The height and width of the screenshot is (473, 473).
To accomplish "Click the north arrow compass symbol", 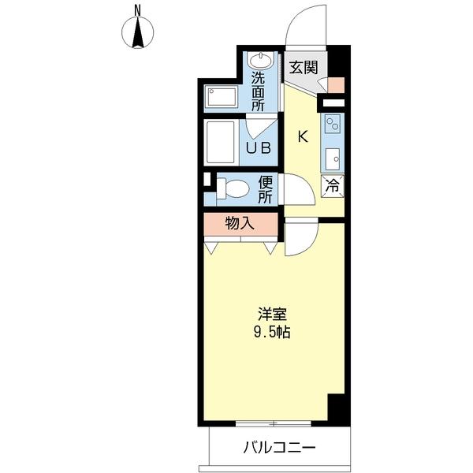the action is click(137, 32).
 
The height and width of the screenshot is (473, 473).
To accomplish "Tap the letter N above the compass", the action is click(137, 11).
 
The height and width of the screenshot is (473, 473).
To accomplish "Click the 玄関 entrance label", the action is click(304, 67).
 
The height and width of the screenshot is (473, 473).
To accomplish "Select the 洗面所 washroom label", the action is click(259, 91).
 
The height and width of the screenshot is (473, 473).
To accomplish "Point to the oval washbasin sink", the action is click(261, 61).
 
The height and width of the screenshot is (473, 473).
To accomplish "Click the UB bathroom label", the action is click(259, 148).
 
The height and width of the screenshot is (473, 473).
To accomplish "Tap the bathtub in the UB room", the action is click(221, 143).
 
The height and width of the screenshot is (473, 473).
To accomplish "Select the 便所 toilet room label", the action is click(266, 189).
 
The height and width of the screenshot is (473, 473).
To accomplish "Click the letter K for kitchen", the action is click(303, 137).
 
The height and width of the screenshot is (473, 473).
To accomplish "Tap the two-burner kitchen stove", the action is click(333, 124).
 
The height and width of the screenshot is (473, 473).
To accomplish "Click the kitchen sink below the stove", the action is click(333, 159).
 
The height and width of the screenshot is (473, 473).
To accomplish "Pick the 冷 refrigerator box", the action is click(333, 186).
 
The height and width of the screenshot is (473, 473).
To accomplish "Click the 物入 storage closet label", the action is click(240, 224).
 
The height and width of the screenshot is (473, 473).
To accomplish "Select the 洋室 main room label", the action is click(272, 314).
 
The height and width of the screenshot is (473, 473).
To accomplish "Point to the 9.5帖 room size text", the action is click(272, 332).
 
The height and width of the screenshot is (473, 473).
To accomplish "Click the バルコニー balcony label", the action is click(279, 447).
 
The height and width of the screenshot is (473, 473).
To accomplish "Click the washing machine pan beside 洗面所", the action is click(222, 96).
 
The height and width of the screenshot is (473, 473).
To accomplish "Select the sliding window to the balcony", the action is click(274, 423).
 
